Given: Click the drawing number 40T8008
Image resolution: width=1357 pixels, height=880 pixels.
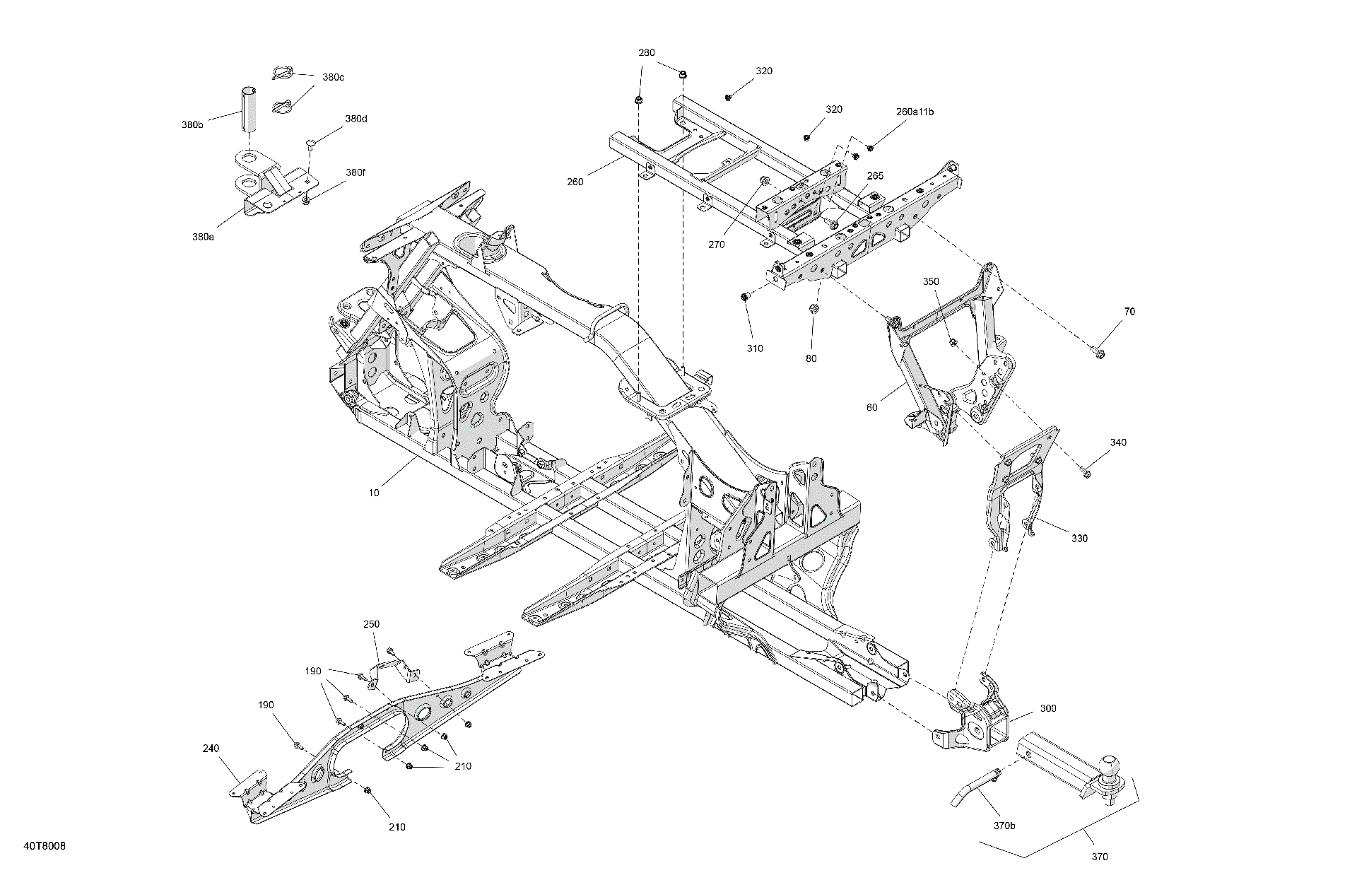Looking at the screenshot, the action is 45,846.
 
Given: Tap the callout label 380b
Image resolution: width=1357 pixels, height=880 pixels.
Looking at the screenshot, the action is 192,125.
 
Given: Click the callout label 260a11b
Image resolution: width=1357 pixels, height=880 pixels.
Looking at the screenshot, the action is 915,112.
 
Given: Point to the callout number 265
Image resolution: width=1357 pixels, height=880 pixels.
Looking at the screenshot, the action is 875,176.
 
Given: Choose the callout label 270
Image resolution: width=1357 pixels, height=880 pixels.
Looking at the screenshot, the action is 717,245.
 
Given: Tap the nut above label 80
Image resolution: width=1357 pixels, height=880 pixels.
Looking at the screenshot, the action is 813,310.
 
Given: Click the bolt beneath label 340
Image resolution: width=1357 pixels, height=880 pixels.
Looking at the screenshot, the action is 1087,471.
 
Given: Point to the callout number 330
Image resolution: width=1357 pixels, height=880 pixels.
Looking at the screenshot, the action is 1079,538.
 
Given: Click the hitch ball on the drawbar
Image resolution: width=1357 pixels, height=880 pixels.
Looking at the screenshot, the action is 1110,765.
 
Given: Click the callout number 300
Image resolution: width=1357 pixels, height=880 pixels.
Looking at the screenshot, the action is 1048,708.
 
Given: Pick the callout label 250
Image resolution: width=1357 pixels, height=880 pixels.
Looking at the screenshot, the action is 371,624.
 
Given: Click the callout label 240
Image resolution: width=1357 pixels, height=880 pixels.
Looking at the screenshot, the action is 211,748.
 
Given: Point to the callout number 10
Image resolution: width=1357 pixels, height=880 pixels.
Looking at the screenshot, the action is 374,493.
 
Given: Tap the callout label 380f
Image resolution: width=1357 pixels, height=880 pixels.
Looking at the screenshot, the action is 356,172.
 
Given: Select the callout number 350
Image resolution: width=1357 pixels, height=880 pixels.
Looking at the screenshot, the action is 931,281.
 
